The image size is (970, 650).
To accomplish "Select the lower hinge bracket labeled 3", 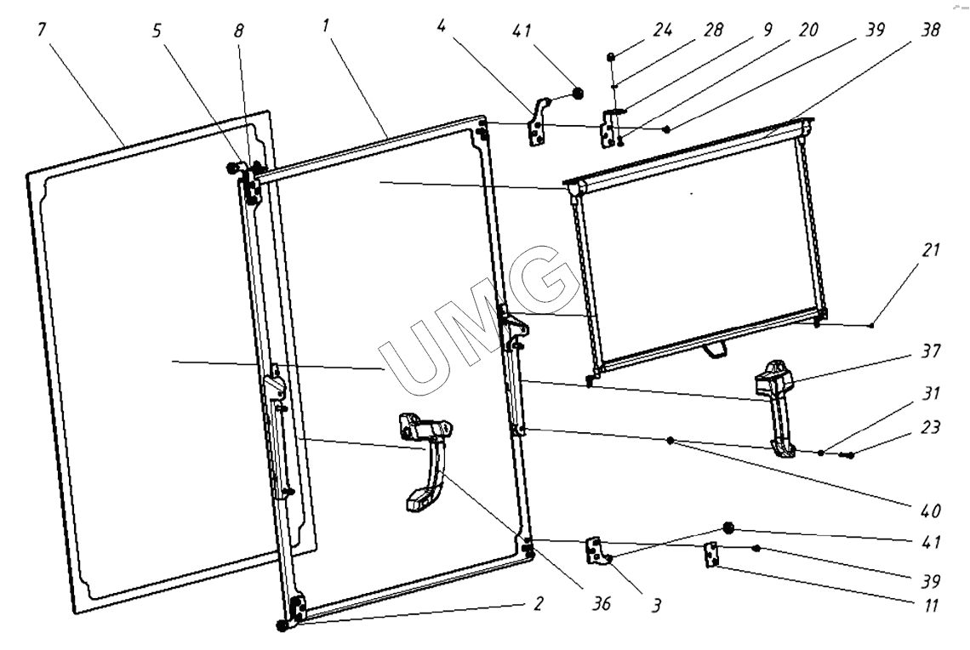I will (x=596, y=550).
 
